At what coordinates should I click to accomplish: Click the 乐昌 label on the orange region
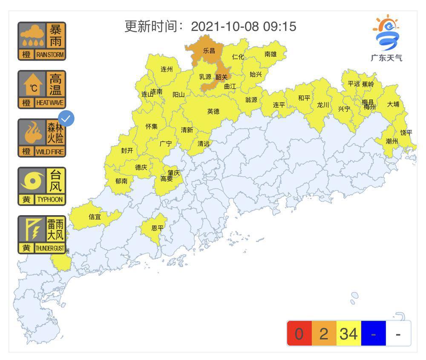[209, 50]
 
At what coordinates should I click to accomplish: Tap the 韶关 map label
[222, 77]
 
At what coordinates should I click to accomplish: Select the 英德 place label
[213, 111]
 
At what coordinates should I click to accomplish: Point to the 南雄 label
[271, 54]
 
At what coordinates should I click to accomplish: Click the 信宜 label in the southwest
[95, 216]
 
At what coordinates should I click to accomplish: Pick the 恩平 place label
[158, 228]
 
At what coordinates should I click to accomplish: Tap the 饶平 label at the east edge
[406, 132]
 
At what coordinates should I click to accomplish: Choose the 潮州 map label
[391, 141]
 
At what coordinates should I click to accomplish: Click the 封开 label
[127, 150]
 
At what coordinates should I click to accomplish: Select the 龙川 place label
[323, 105]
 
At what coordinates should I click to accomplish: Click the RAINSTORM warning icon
[42, 41]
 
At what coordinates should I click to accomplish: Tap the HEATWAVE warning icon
[42, 89]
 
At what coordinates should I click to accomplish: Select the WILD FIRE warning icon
[42, 138]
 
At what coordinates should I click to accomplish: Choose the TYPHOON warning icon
[42, 186]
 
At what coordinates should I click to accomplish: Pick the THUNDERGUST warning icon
[42, 234]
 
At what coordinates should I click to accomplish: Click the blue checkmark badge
[66, 119]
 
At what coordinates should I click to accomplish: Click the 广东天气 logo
[386, 39]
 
